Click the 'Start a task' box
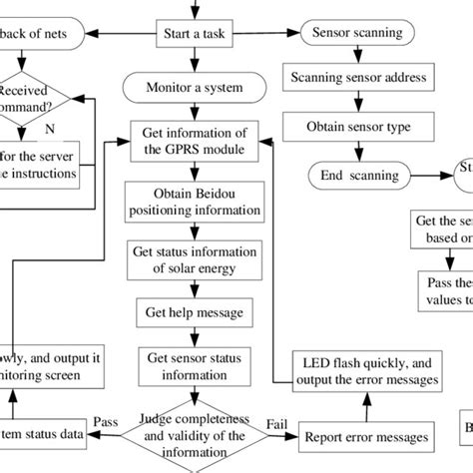[194, 32]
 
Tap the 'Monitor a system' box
[194, 88]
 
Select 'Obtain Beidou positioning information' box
[194, 202]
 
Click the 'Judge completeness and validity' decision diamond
[194, 435]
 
